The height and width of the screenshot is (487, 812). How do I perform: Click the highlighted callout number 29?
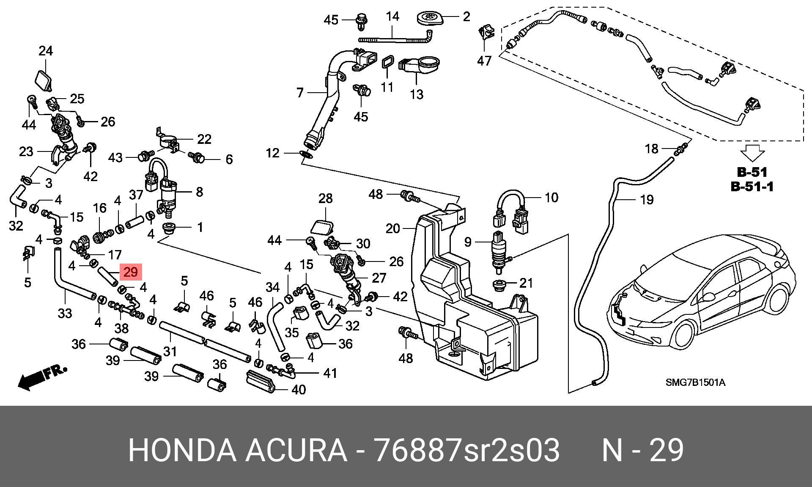[x=131, y=272]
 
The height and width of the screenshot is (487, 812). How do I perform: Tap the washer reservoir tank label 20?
[x=393, y=229]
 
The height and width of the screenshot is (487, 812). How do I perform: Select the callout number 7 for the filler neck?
[x=300, y=93]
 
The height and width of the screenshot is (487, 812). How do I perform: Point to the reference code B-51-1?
[x=753, y=186]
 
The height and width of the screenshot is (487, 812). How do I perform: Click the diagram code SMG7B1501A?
[x=696, y=383]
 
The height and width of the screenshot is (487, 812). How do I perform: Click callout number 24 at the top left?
[x=46, y=51]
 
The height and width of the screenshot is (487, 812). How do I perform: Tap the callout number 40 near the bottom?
[x=299, y=389]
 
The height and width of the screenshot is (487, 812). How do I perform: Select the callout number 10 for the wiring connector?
[x=551, y=197]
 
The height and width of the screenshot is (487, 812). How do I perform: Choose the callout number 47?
[x=484, y=61]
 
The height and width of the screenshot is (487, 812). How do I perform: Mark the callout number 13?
[x=417, y=94]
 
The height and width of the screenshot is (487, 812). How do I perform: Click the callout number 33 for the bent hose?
[x=65, y=314]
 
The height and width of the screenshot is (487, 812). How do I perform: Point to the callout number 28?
[x=325, y=198]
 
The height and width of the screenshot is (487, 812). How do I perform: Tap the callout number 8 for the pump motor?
[x=199, y=192]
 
